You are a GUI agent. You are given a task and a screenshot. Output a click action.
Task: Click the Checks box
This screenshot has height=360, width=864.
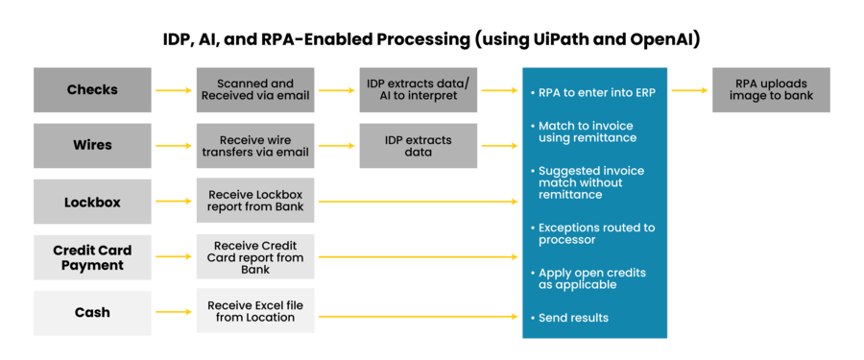coord(92,89)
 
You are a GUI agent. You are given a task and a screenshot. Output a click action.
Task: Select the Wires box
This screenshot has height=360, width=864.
coord(92,145)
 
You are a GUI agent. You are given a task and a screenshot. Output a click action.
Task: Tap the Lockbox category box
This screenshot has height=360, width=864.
coord(92,202)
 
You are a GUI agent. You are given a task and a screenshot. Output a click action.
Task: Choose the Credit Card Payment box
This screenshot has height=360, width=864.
coord(92,257)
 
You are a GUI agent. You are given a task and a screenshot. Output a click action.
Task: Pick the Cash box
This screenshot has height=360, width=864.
coord(92,312)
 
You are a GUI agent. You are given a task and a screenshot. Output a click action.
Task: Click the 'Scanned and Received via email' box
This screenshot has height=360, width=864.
coord(254,89)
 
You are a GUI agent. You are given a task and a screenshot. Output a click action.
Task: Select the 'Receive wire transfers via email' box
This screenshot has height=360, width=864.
coord(254,145)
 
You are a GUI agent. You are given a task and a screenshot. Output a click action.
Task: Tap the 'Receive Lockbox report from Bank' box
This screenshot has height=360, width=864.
coord(254,202)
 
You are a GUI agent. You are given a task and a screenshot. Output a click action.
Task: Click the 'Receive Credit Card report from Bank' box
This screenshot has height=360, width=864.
coord(254,257)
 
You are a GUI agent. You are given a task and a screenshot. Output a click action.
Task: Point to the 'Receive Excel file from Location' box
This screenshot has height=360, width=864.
coord(254,312)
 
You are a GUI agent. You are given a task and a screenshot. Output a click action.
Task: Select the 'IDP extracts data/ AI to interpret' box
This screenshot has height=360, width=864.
coord(418,89)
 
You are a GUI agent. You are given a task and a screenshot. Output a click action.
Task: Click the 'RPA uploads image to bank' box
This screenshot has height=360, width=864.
coord(771,89)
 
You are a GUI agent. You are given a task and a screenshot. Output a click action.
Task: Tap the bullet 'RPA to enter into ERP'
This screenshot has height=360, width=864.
coord(594,92)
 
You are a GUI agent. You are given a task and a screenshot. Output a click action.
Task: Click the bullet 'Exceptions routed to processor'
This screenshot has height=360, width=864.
coord(596,233)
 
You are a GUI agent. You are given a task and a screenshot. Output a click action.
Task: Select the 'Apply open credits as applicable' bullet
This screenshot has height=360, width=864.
coord(591,278)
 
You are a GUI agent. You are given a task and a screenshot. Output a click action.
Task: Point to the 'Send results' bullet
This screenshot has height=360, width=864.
coord(573,318)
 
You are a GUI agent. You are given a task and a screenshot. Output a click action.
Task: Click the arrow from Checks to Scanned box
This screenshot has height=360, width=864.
coord(174,90)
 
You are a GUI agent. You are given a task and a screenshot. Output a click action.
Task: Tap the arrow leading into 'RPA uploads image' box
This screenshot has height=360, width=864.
coord(689,90)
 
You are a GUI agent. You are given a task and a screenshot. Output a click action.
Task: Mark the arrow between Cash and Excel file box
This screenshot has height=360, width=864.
coord(174,313)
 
